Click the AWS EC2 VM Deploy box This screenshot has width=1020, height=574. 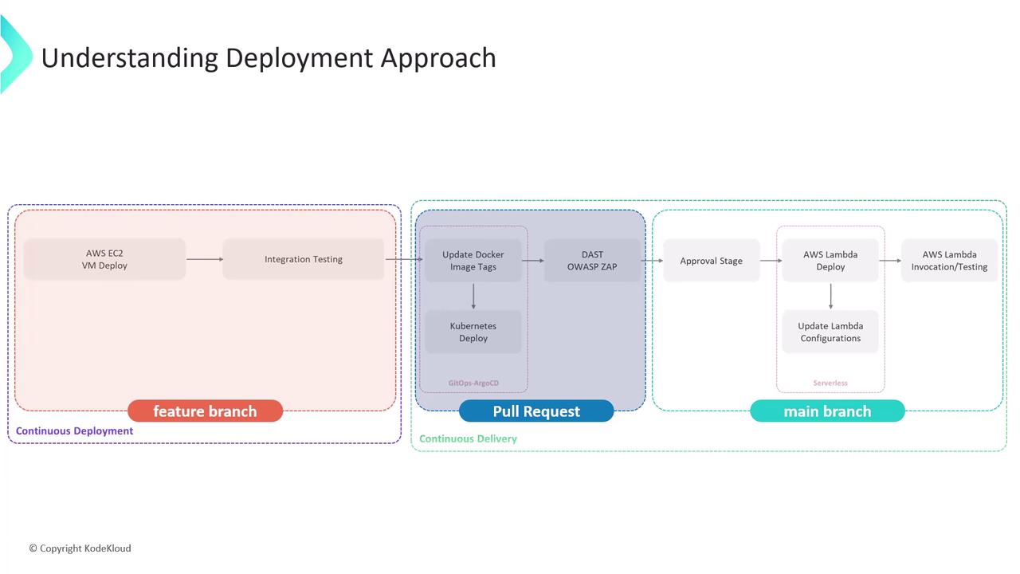[x=104, y=259]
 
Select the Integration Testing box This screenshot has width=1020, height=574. [x=304, y=259]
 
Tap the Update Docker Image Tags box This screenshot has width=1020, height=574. [x=473, y=261]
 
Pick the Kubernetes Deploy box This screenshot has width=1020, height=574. [x=473, y=332]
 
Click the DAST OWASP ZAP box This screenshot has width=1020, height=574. [x=592, y=261]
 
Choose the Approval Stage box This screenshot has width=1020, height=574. [x=711, y=261]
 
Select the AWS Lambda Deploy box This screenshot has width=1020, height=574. [x=830, y=261]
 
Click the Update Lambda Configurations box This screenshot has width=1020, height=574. [x=830, y=332]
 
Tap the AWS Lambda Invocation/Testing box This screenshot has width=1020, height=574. [x=949, y=261]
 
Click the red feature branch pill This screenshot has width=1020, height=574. [x=205, y=411]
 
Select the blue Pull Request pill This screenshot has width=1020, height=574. [x=536, y=411]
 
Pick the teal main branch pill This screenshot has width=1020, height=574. [x=827, y=411]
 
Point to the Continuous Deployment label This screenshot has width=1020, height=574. [x=75, y=431]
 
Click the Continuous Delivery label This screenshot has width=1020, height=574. [x=468, y=438]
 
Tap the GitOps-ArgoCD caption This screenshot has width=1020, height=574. [x=473, y=383]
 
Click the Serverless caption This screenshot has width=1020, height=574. [x=830, y=383]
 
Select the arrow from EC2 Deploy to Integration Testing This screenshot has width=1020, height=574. [x=205, y=259]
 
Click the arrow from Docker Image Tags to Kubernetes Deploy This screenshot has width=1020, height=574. [x=473, y=296]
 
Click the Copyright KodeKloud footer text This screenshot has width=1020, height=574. [x=80, y=548]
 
